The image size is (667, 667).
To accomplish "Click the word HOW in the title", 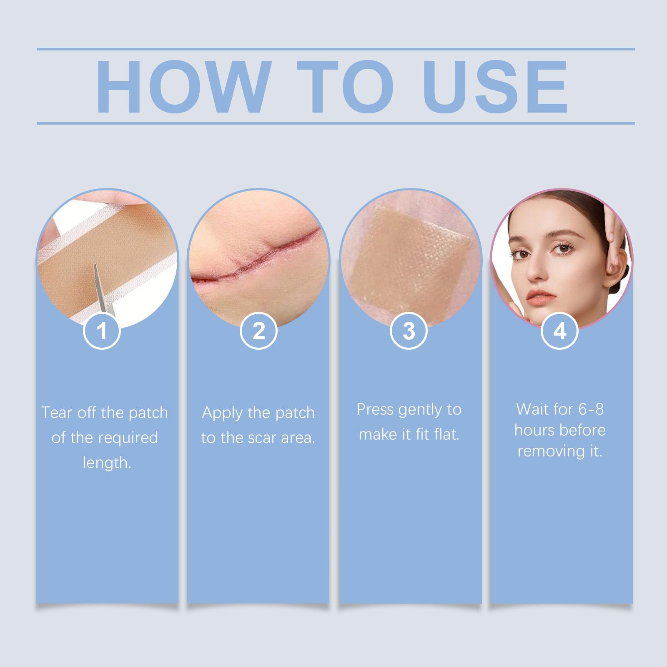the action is tap(181, 87).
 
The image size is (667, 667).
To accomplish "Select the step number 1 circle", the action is tap(102, 331).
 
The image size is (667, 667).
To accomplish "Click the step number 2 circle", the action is tap(258, 331).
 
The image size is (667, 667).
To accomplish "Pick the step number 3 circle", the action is tap(409, 331).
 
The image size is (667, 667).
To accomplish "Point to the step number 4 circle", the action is tap(559, 331).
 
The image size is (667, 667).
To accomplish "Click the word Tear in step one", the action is tap(56, 413).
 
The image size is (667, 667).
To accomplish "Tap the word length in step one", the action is tap(107, 463).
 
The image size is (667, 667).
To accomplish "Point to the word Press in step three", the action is tap(375, 410).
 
